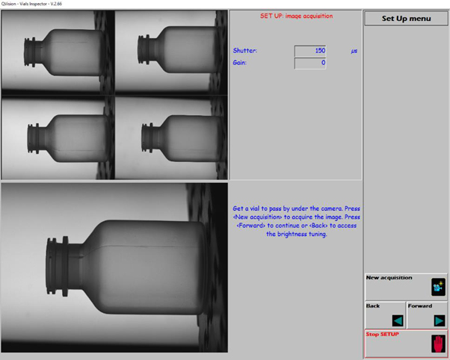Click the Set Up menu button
[x=406, y=19]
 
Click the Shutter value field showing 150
[x=310, y=51]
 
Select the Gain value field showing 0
[x=310, y=63]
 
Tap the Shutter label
[x=244, y=51]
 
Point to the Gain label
[x=240, y=63]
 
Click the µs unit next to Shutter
[x=354, y=51]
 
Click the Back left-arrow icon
[x=398, y=320]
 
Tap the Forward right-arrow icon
[x=440, y=320]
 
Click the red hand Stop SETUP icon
[x=438, y=344]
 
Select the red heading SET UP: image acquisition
[x=297, y=16]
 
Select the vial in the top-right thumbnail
[x=177, y=49]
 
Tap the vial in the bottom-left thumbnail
[x=68, y=138]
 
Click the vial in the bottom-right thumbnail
[x=182, y=138]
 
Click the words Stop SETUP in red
[x=382, y=334]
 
